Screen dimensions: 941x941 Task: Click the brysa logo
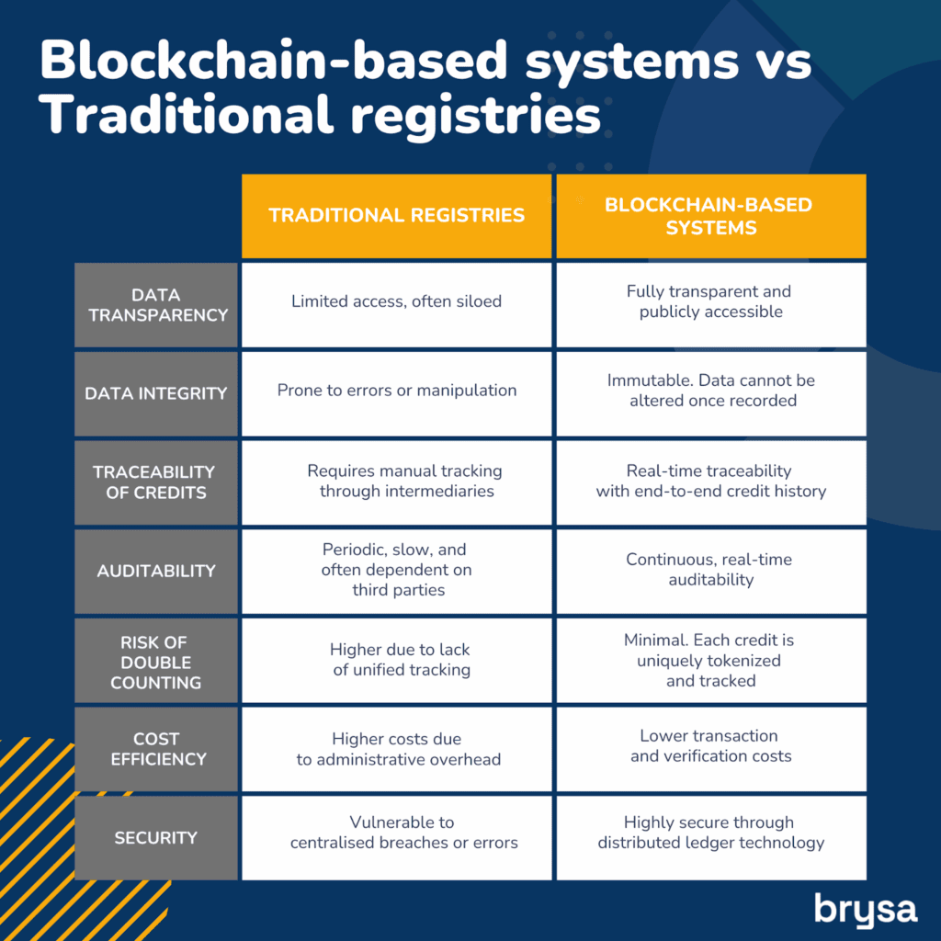click(866, 909)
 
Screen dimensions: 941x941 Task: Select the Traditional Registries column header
click(397, 216)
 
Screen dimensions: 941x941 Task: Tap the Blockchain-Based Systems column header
click(711, 216)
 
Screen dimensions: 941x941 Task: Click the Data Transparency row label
click(156, 305)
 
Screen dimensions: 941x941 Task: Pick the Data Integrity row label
click(156, 393)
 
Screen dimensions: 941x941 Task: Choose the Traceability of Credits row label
click(156, 482)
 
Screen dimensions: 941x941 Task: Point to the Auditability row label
click(156, 572)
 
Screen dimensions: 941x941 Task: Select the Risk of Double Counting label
click(156, 660)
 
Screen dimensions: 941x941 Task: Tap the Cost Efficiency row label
click(156, 749)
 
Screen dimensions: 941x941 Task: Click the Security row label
click(156, 838)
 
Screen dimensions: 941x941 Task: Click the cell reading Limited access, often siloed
click(397, 305)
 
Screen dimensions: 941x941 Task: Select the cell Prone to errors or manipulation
click(397, 393)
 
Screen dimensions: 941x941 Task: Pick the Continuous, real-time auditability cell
click(711, 572)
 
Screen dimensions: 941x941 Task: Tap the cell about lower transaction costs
click(711, 749)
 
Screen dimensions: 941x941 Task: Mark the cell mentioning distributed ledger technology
click(711, 838)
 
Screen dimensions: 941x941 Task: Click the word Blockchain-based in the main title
click(274, 60)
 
